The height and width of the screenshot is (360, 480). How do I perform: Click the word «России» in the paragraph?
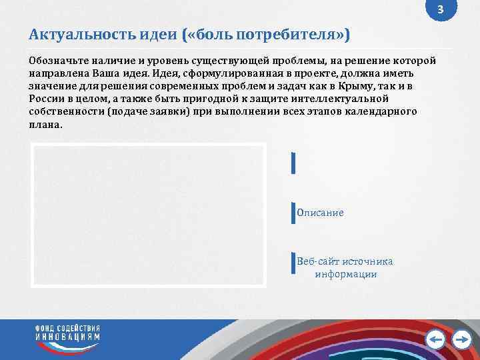pos(45,99)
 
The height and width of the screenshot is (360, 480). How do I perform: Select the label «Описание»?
pos(321,213)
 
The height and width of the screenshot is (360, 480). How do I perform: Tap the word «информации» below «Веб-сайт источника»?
pos(346,274)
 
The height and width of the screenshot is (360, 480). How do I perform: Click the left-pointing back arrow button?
pos(435,340)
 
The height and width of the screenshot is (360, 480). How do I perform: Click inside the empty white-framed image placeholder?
pos(148,215)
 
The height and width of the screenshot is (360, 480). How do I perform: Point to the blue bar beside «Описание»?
pos(293,213)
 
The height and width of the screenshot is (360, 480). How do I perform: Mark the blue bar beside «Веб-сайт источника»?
pos(293,263)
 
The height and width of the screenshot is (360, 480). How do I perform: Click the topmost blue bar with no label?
pos(293,163)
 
